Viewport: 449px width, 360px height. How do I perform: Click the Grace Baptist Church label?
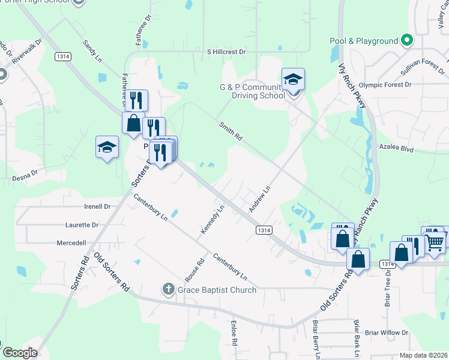click(x=217, y=290)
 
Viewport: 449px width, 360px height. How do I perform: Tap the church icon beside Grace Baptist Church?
click(x=169, y=290)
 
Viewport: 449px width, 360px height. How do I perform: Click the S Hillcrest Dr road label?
click(x=227, y=52)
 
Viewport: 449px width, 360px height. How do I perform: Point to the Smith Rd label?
click(x=231, y=131)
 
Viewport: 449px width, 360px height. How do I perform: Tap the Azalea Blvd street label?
click(x=397, y=146)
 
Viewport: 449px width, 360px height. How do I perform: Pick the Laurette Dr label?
click(x=82, y=225)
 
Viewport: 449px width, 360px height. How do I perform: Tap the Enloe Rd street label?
click(x=234, y=333)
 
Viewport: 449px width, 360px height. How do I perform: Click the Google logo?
click(x=19, y=352)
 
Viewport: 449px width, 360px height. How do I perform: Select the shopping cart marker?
click(x=436, y=241)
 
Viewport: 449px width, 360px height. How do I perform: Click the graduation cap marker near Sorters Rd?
click(x=106, y=148)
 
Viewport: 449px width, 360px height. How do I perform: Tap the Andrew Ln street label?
click(x=260, y=199)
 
